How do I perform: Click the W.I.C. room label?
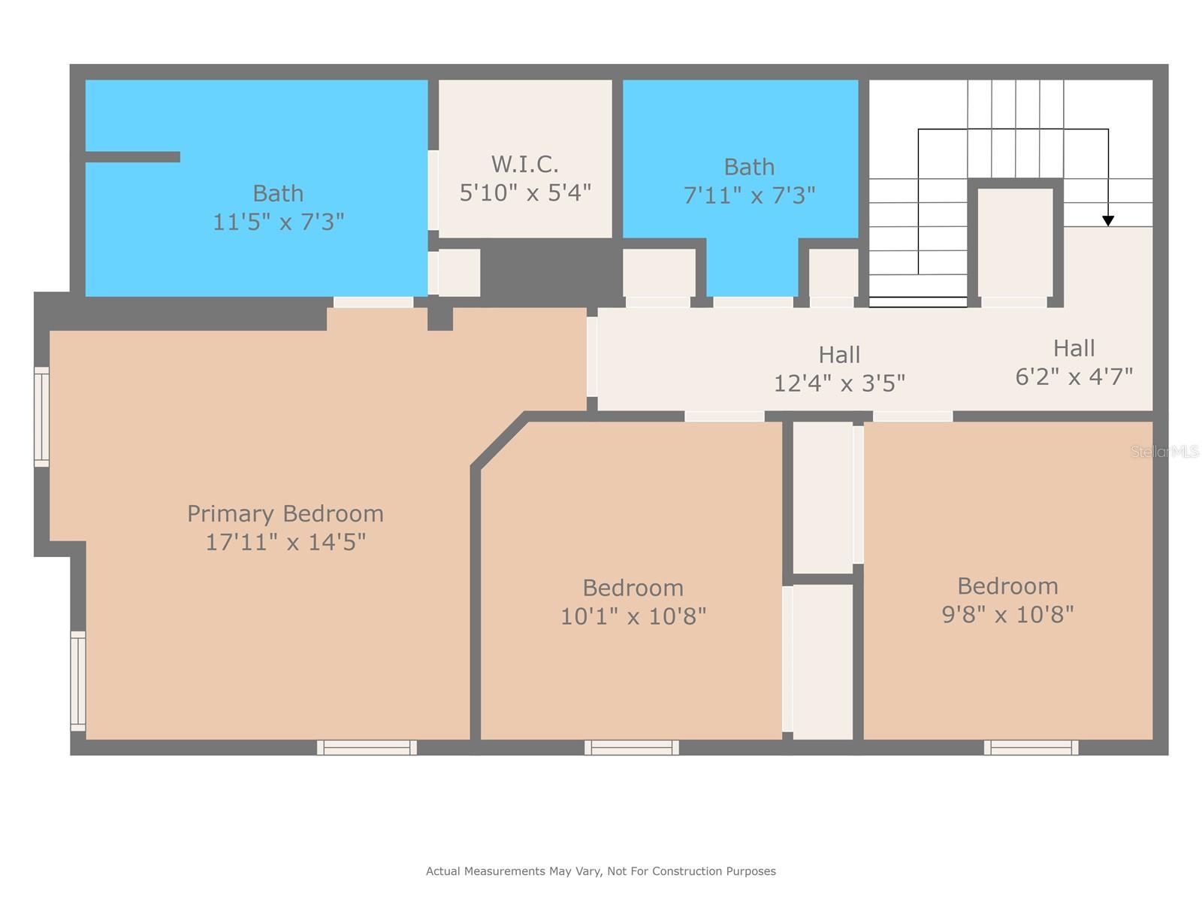click(524, 164)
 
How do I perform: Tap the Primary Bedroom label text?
click(285, 513)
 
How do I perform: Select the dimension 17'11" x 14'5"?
click(285, 542)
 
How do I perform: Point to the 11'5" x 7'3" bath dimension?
click(278, 222)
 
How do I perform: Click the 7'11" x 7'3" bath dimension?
click(749, 195)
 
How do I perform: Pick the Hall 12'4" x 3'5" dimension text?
click(839, 383)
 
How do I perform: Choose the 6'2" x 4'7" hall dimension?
click(1074, 377)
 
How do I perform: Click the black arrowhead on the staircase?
click(1108, 221)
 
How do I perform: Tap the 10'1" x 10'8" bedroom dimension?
click(633, 616)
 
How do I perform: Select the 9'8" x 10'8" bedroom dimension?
click(1007, 614)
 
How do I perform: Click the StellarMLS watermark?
click(1164, 451)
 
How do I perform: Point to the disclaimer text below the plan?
click(601, 870)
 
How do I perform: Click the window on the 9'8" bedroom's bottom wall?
click(1031, 747)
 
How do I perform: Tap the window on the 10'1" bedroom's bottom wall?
click(631, 747)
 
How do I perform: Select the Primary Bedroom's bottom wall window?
click(367, 747)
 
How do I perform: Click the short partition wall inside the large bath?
click(132, 157)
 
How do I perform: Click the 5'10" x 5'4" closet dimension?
click(524, 192)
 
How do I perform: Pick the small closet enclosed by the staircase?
click(1015, 242)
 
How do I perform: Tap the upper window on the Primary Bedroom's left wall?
click(41, 416)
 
